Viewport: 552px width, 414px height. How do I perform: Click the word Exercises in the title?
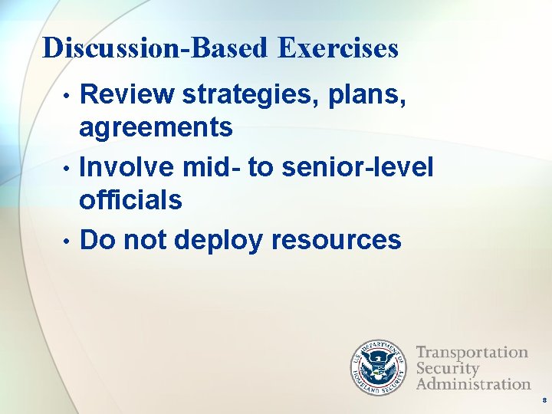[338, 48]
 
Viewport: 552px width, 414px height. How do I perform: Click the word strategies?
[254, 95]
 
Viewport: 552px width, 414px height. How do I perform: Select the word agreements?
[156, 128]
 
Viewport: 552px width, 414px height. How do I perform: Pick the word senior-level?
[357, 166]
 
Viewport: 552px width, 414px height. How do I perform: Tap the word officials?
[130, 200]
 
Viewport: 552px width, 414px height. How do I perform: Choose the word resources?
[335, 240]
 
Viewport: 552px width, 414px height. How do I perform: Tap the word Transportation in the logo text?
[472, 353]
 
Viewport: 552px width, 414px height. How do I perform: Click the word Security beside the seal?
[447, 368]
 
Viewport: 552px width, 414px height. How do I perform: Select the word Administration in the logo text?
[473, 383]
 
